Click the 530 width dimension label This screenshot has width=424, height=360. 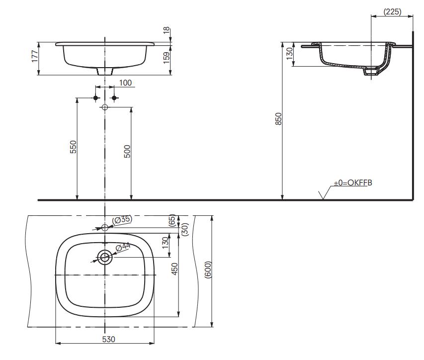click(109, 339)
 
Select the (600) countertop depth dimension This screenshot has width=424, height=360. click(208, 270)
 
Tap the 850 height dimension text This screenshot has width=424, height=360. click(278, 119)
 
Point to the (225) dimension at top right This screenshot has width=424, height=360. click(392, 11)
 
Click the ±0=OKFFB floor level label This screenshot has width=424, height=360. click(352, 183)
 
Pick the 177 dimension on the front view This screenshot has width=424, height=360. click(35, 56)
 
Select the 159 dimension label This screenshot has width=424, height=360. click(167, 58)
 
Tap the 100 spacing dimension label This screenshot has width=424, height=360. click(125, 83)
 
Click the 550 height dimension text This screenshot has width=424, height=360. click(73, 147)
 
